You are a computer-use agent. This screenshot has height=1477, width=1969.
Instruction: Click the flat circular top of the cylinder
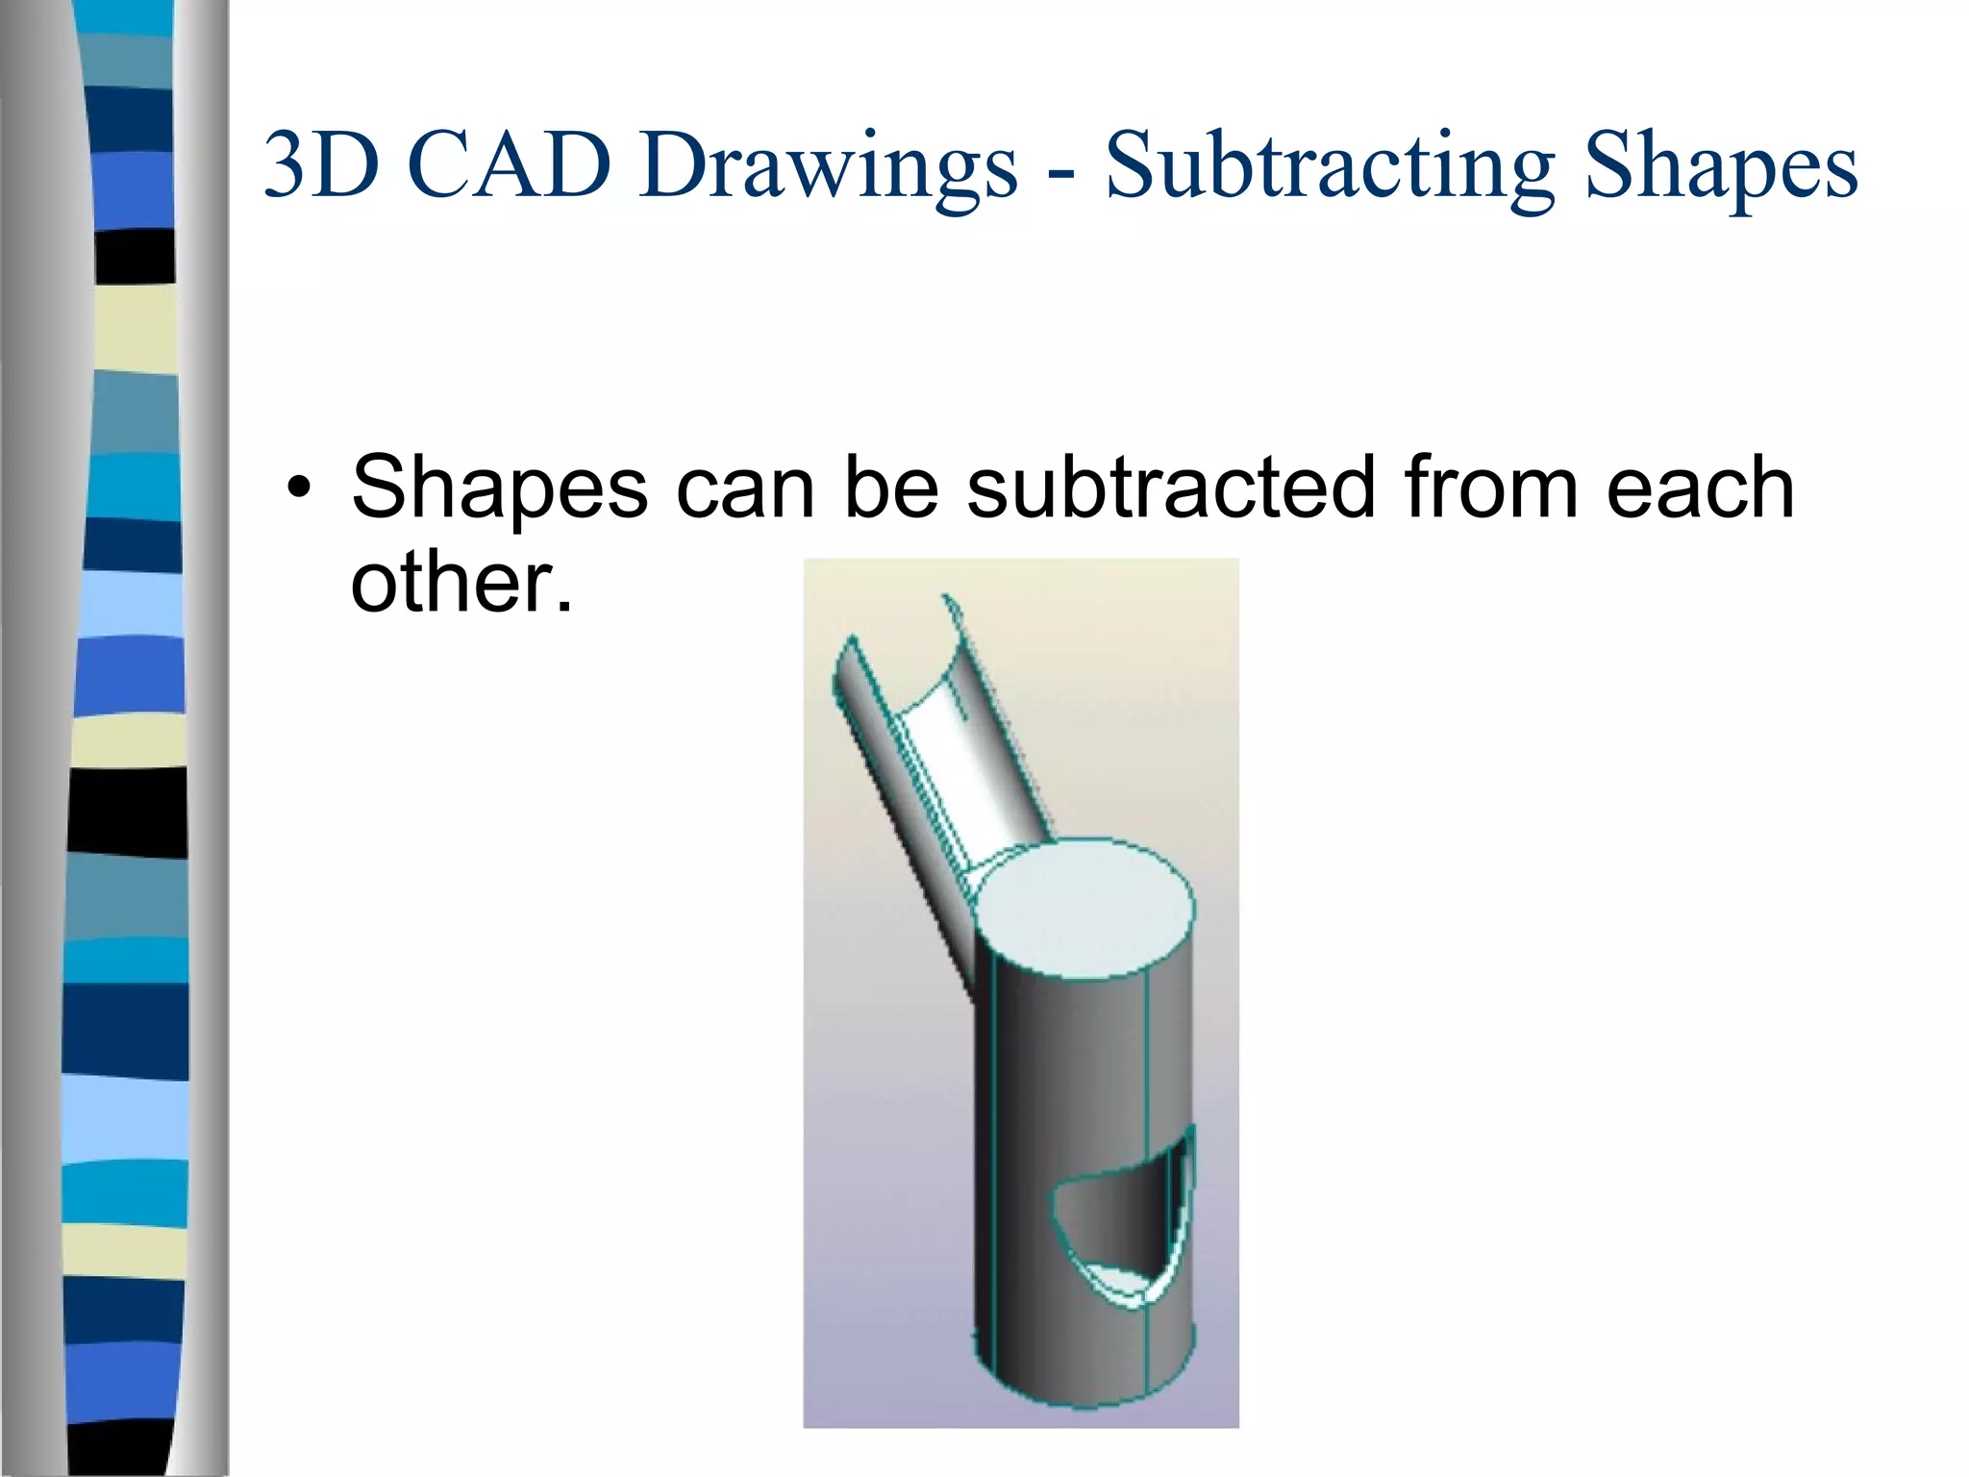(x=1084, y=909)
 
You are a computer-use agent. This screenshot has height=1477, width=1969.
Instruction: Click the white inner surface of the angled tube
(x=971, y=760)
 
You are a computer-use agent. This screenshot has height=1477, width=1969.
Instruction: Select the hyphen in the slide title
(x=1061, y=173)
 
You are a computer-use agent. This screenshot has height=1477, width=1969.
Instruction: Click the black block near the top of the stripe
(x=136, y=257)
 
